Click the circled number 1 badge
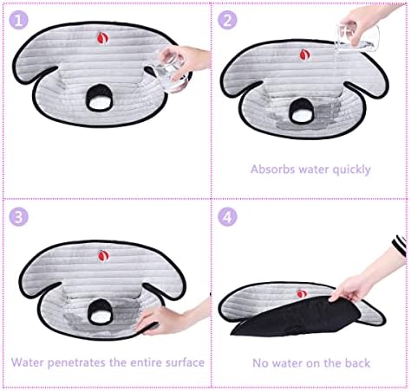19,20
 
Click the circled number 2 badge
227,20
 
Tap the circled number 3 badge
19,217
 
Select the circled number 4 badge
227,217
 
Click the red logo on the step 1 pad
102,38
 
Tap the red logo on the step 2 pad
304,54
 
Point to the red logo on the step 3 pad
103,256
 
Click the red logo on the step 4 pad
302,294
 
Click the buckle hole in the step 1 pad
99,98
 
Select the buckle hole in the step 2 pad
301,111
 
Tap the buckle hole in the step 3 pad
100,311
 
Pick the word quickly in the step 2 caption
351,170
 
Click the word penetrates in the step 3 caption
77,362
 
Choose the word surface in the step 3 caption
185,362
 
